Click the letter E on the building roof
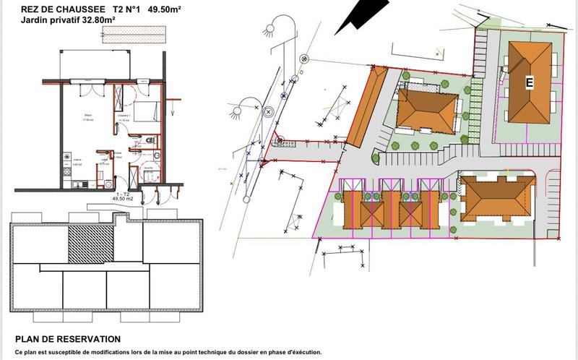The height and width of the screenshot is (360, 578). (x=529, y=82)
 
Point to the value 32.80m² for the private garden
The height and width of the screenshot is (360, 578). (x=96, y=20)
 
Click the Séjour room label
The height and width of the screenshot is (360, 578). (x=87, y=114)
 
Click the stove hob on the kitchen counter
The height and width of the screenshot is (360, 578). (x=68, y=158)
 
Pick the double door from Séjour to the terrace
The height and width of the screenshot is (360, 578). (x=88, y=85)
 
